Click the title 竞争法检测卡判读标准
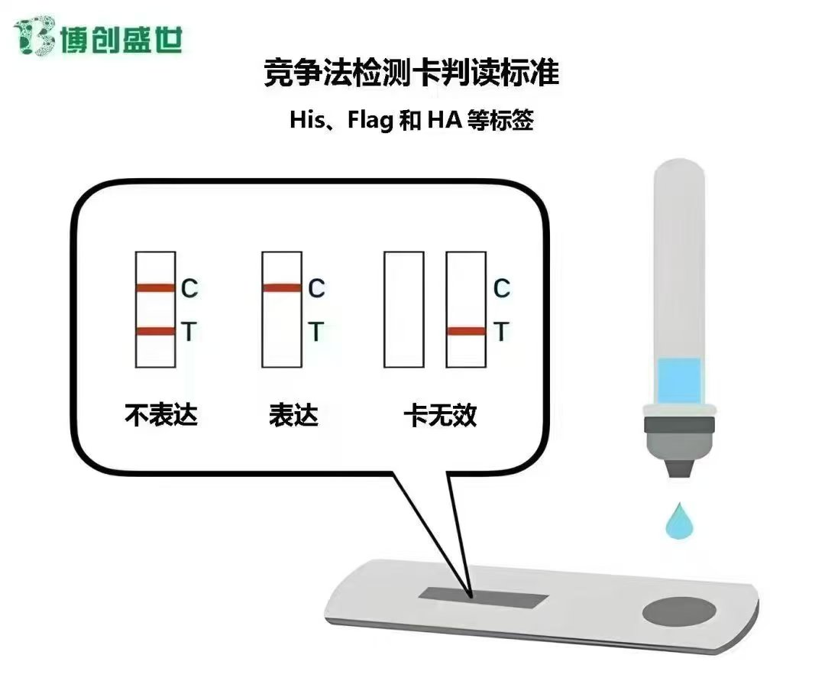coord(411,73)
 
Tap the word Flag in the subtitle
coord(370,121)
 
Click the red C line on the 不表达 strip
coord(155,287)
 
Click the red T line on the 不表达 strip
coord(155,331)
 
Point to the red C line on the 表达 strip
coord(282,287)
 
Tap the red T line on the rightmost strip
coord(466,331)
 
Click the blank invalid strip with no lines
coord(404,310)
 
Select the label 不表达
coord(161,415)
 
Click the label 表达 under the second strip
coord(293,415)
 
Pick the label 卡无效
coord(441,415)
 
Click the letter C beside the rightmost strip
coord(501,289)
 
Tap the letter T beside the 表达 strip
coord(315,332)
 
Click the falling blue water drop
coord(679,520)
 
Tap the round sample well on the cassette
coord(679,611)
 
